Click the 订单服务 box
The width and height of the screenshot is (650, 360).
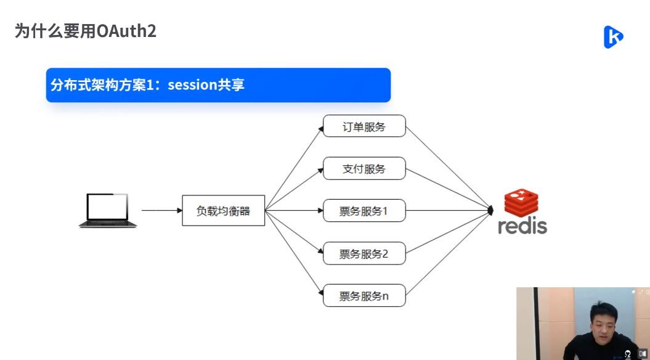coord(364,126)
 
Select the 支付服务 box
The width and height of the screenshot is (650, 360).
coord(364,168)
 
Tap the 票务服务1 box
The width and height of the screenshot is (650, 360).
coord(364,211)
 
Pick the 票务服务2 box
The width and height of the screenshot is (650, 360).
coord(364,253)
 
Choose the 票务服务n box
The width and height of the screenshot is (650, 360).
coord(364,296)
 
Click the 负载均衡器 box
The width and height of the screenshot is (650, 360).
coord(223,211)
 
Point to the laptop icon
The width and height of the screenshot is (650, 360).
coord(108,210)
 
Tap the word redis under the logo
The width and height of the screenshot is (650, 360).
coord(522,226)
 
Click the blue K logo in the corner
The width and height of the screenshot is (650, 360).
coord(612,37)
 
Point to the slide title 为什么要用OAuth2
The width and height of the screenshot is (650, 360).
coord(86,31)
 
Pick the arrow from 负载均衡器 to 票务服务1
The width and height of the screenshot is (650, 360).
coord(294,211)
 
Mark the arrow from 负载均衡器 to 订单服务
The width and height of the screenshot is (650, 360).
coord(294,168)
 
